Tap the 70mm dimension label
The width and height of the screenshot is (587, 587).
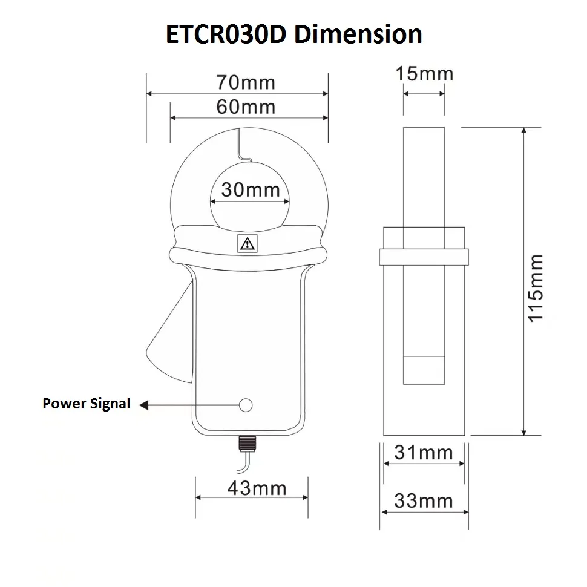click(246, 82)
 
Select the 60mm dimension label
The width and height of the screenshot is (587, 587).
click(246, 107)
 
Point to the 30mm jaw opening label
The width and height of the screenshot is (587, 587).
click(250, 190)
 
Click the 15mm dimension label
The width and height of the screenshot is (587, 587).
click(424, 74)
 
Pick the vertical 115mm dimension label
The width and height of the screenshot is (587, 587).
click(536, 288)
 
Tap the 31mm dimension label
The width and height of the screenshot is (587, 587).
click(424, 453)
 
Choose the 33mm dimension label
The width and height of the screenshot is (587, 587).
click(424, 501)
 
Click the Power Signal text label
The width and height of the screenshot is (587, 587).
click(87, 404)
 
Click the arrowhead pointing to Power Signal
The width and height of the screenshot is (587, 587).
click(145, 404)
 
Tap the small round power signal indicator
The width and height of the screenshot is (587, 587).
click(246, 405)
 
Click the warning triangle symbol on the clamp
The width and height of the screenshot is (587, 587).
click(247, 244)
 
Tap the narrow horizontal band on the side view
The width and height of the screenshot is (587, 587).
click(424, 257)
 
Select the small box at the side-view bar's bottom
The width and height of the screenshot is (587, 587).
click(424, 370)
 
